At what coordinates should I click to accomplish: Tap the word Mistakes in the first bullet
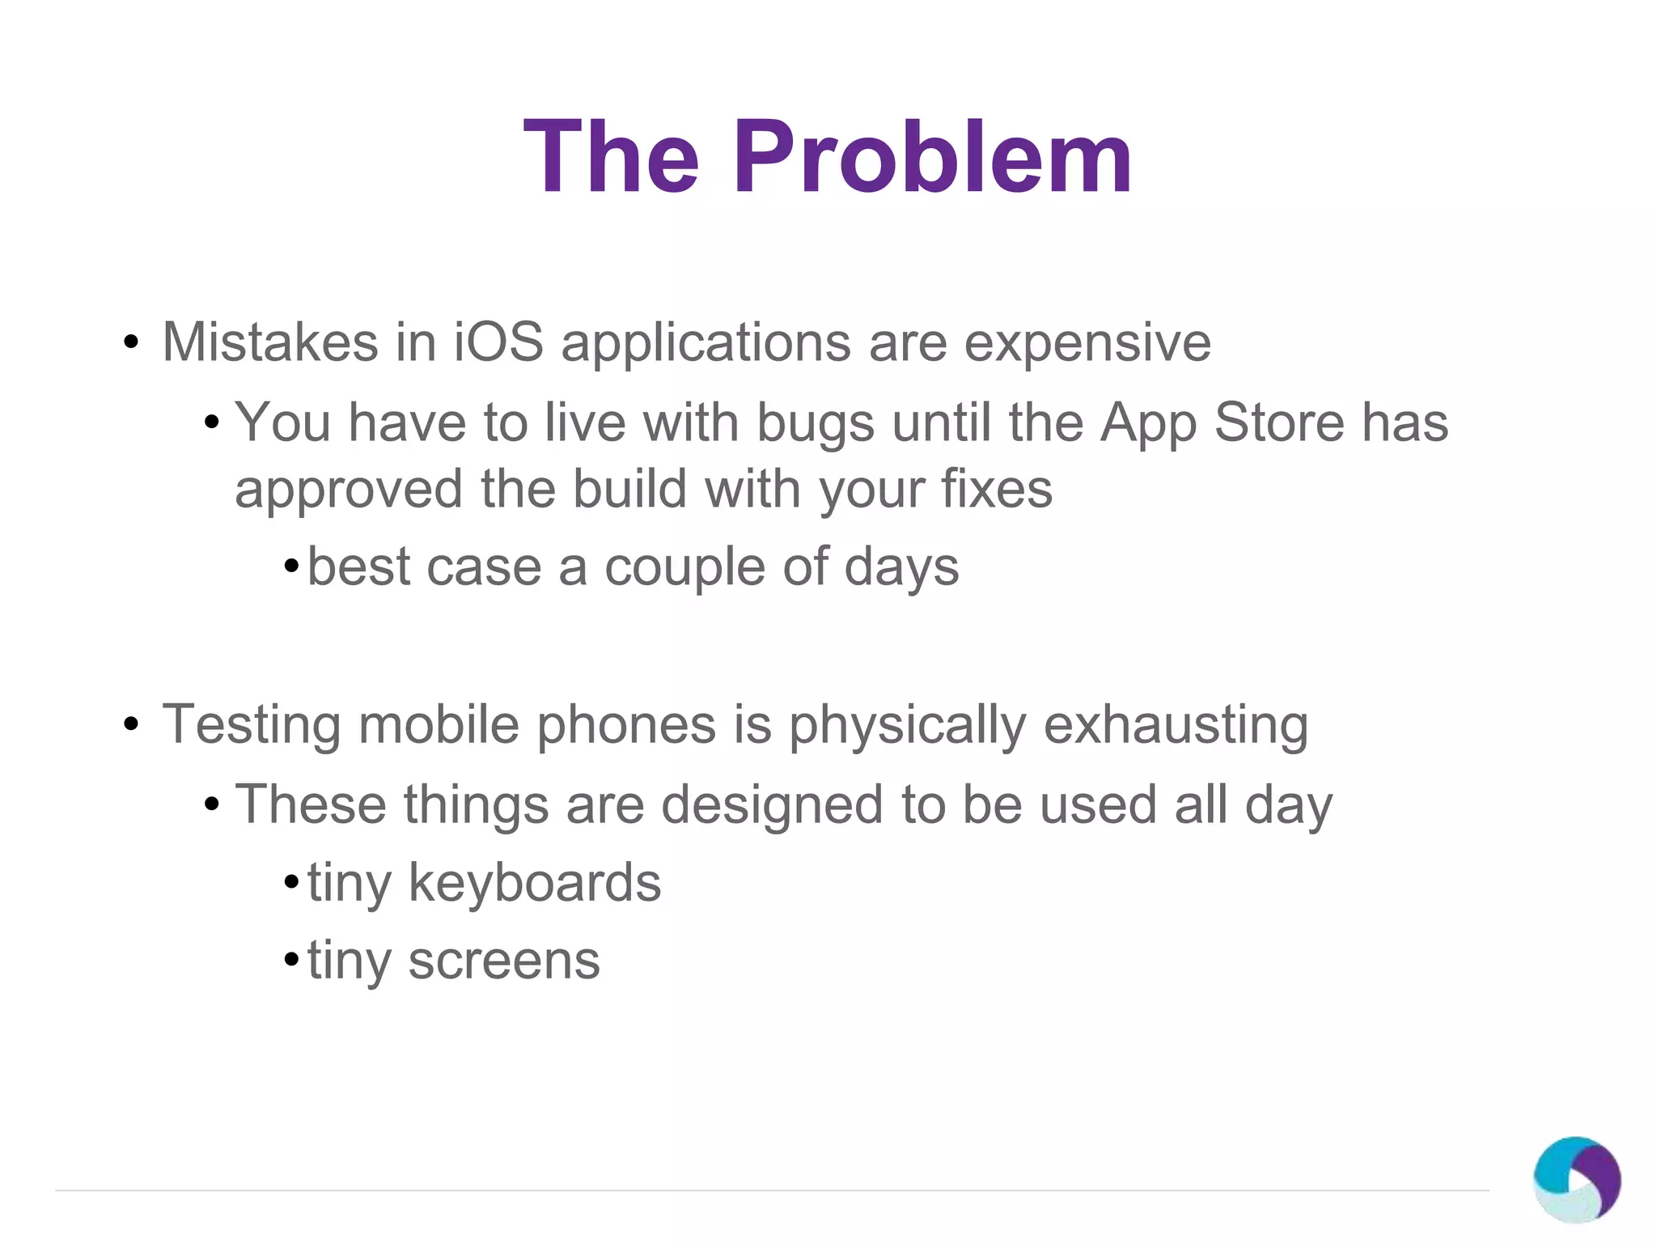coord(270,342)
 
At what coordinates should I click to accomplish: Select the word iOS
coord(498,342)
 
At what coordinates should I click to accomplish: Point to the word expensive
coord(1087,344)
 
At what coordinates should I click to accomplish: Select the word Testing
coord(251,726)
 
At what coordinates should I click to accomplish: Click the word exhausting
coord(1175,726)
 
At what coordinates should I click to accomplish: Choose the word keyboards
coord(535,882)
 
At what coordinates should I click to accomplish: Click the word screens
coord(503,961)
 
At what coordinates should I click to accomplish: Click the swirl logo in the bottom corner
coord(1576,1179)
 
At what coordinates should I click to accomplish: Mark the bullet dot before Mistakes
coord(131,343)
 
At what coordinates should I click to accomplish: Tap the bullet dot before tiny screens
coord(291,961)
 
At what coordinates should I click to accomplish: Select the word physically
coord(907,726)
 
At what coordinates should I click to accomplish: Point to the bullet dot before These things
coord(212,804)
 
